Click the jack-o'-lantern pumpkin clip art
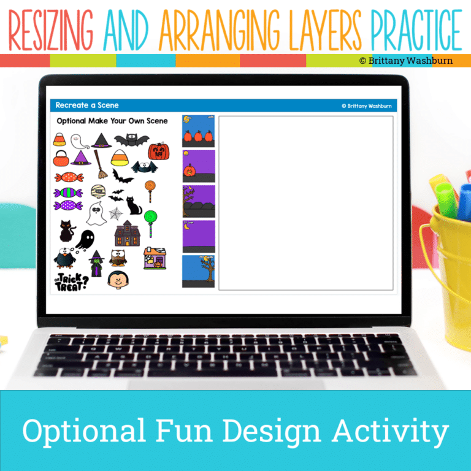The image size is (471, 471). click(x=158, y=150)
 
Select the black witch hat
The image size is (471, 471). click(x=101, y=140)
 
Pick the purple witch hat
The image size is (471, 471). click(x=80, y=158)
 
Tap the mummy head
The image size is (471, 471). click(x=98, y=192)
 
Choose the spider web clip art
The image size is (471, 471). click(x=115, y=213)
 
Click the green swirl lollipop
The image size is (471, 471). click(x=150, y=218)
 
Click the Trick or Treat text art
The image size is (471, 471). click(x=72, y=281)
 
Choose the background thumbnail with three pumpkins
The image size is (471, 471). click(x=198, y=131)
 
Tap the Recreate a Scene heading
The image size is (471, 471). click(x=87, y=105)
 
